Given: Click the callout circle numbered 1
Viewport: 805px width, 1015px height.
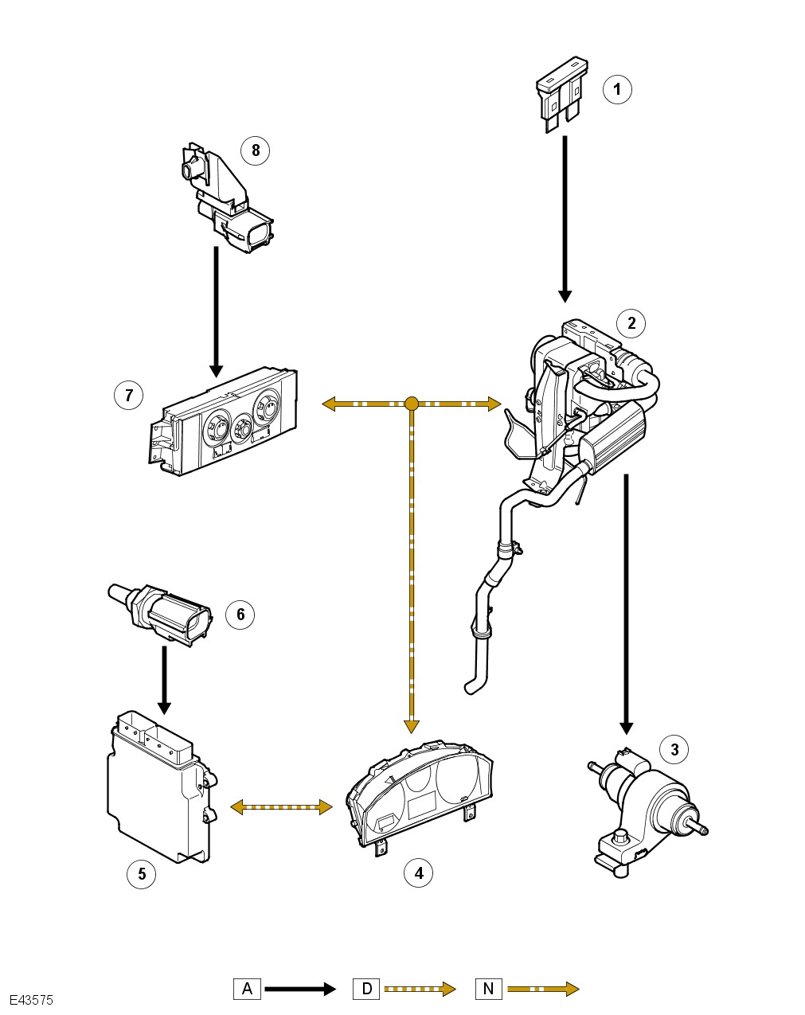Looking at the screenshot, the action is (x=617, y=89).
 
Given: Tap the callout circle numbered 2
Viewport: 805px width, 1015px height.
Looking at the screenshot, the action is (x=631, y=323).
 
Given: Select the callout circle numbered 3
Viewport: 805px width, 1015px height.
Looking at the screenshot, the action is (x=674, y=749).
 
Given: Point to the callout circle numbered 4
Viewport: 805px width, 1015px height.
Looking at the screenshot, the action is (x=419, y=873).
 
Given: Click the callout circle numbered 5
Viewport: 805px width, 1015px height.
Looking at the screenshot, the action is (x=142, y=874).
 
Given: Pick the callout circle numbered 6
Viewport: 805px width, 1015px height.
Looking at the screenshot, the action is (x=240, y=614).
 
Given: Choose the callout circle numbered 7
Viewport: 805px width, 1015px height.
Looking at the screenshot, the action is (x=129, y=395).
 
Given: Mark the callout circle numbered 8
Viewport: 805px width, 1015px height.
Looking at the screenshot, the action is (x=256, y=150).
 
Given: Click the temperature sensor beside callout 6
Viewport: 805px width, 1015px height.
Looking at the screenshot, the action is (x=160, y=615).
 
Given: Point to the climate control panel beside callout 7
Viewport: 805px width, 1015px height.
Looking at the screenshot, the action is (x=224, y=421).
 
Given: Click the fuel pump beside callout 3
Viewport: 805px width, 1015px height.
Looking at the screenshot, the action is (x=647, y=810).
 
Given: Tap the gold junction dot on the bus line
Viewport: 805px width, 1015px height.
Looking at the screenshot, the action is (x=412, y=404).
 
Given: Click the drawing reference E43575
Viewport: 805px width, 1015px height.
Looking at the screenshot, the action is (x=31, y=1001).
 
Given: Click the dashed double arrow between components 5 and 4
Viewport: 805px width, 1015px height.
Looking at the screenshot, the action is (x=281, y=807).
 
